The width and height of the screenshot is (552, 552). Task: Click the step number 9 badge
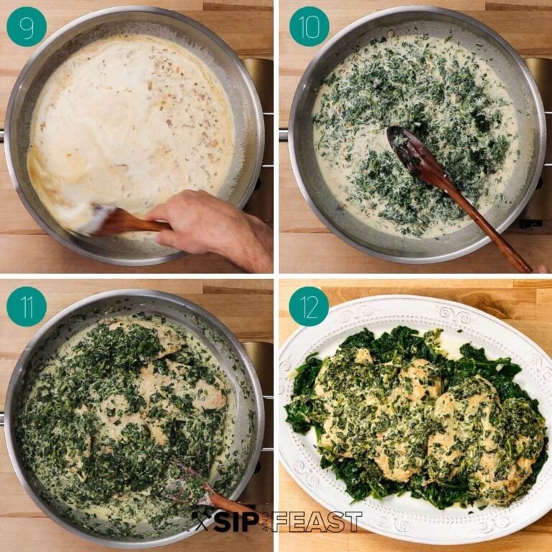(x=27, y=27)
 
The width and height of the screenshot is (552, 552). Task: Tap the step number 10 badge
(x=309, y=27)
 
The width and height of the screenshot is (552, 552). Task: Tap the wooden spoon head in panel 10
(x=407, y=147)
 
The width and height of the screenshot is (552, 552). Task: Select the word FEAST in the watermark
(x=321, y=523)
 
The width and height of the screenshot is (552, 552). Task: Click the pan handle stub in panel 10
(x=283, y=134)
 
